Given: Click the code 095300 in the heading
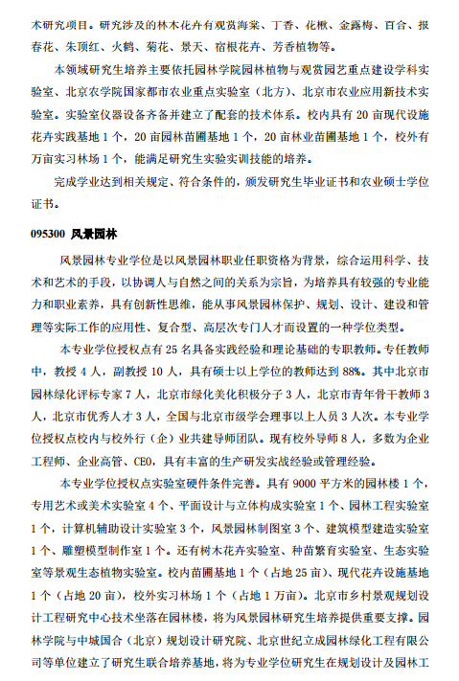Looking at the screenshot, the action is (x=47, y=233).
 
